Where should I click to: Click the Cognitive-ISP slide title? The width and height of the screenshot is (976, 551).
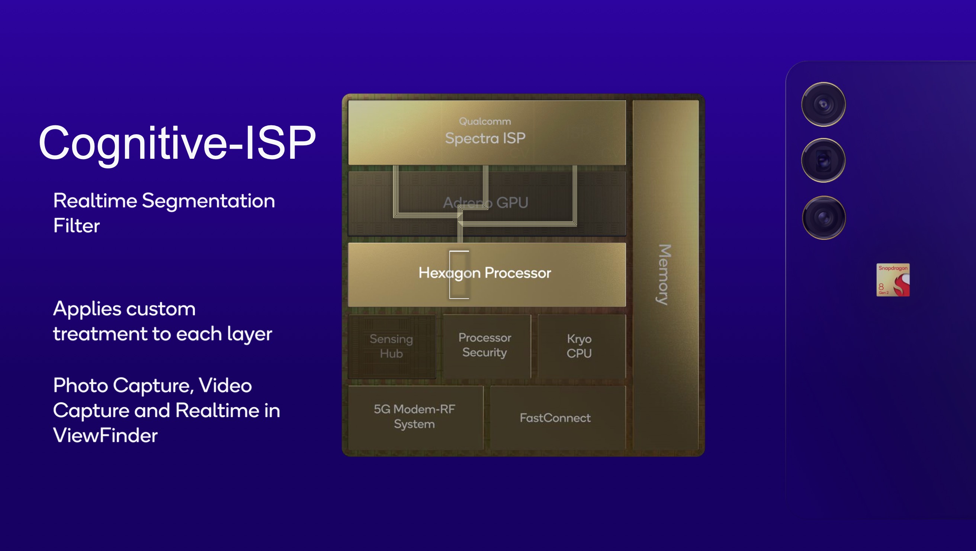tap(177, 143)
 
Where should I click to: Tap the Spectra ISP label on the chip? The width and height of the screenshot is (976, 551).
tap(485, 138)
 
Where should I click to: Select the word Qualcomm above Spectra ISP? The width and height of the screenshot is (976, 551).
tap(485, 121)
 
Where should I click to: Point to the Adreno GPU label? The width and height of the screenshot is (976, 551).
tap(485, 203)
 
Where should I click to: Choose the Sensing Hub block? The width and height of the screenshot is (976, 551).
tap(391, 346)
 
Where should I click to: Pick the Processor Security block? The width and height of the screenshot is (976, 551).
tap(485, 345)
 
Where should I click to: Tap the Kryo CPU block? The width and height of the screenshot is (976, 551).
tap(579, 346)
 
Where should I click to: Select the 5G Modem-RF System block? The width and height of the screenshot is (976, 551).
tap(414, 416)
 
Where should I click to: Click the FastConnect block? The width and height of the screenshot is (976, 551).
tap(555, 418)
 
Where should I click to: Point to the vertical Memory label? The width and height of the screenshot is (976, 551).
tap(664, 274)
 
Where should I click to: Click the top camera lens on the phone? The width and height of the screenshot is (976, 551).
tap(823, 104)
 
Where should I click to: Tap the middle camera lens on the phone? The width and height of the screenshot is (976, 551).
tap(823, 160)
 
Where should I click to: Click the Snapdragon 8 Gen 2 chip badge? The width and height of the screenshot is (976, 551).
tap(893, 280)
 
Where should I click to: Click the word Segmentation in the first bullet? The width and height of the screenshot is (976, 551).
tap(208, 201)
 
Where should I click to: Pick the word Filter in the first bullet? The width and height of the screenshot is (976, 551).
tap(77, 226)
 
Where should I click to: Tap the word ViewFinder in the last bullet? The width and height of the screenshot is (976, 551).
tap(105, 435)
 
